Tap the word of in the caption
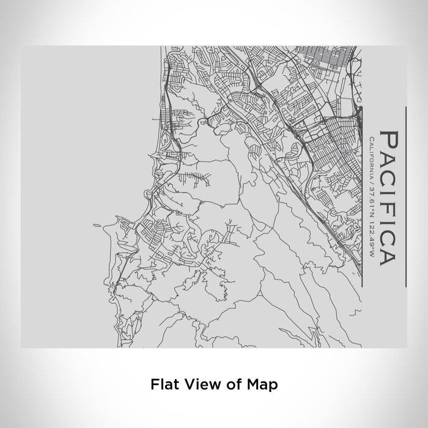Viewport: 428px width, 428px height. [225, 385]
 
